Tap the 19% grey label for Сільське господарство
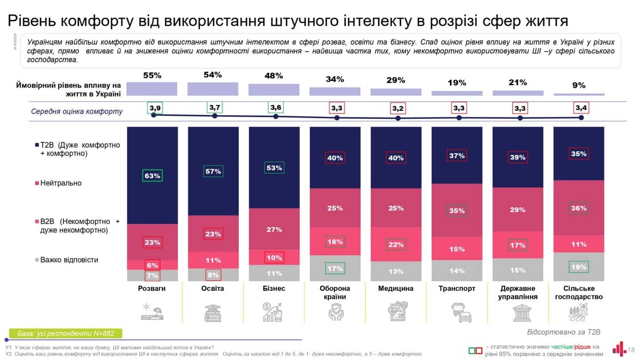point(578,266)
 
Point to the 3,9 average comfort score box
point(155,108)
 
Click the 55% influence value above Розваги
point(152,76)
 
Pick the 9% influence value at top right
point(579,85)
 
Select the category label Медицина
point(396,289)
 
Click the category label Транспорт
point(457,289)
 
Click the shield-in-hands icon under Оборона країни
point(335,313)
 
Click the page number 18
point(631,350)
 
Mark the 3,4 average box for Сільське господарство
point(580,108)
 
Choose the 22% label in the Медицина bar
point(396,244)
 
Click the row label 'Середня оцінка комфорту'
point(76,111)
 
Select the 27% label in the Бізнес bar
point(274,229)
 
